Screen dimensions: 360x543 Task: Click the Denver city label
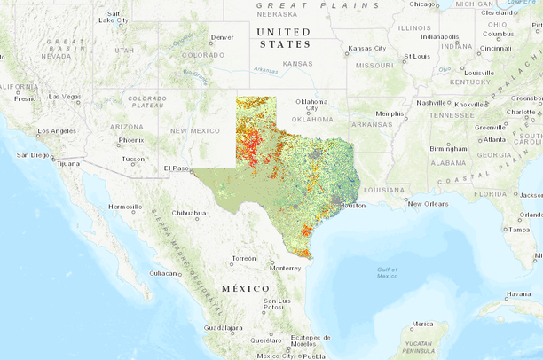pyautogui.click(x=223, y=37)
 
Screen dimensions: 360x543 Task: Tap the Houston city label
pyautogui.click(x=352, y=206)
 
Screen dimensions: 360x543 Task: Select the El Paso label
pyautogui.click(x=176, y=168)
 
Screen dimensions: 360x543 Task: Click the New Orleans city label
pyautogui.click(x=428, y=203)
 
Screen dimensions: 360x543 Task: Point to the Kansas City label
pyautogui.click(x=367, y=48)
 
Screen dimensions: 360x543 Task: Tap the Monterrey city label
pyautogui.click(x=287, y=268)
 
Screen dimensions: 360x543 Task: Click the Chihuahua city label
pyautogui.click(x=188, y=213)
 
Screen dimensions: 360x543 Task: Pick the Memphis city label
pyautogui.click(x=389, y=113)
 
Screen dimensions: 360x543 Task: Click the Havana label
pyautogui.click(x=518, y=294)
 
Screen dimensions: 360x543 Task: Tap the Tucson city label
pyautogui.click(x=134, y=160)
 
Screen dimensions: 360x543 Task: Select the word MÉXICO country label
pyautogui.click(x=246, y=288)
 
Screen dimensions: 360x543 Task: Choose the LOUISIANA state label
pyautogui.click(x=383, y=190)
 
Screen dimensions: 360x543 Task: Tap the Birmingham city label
pyautogui.click(x=447, y=148)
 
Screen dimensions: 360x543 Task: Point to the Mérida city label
pyautogui.click(x=422, y=324)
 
